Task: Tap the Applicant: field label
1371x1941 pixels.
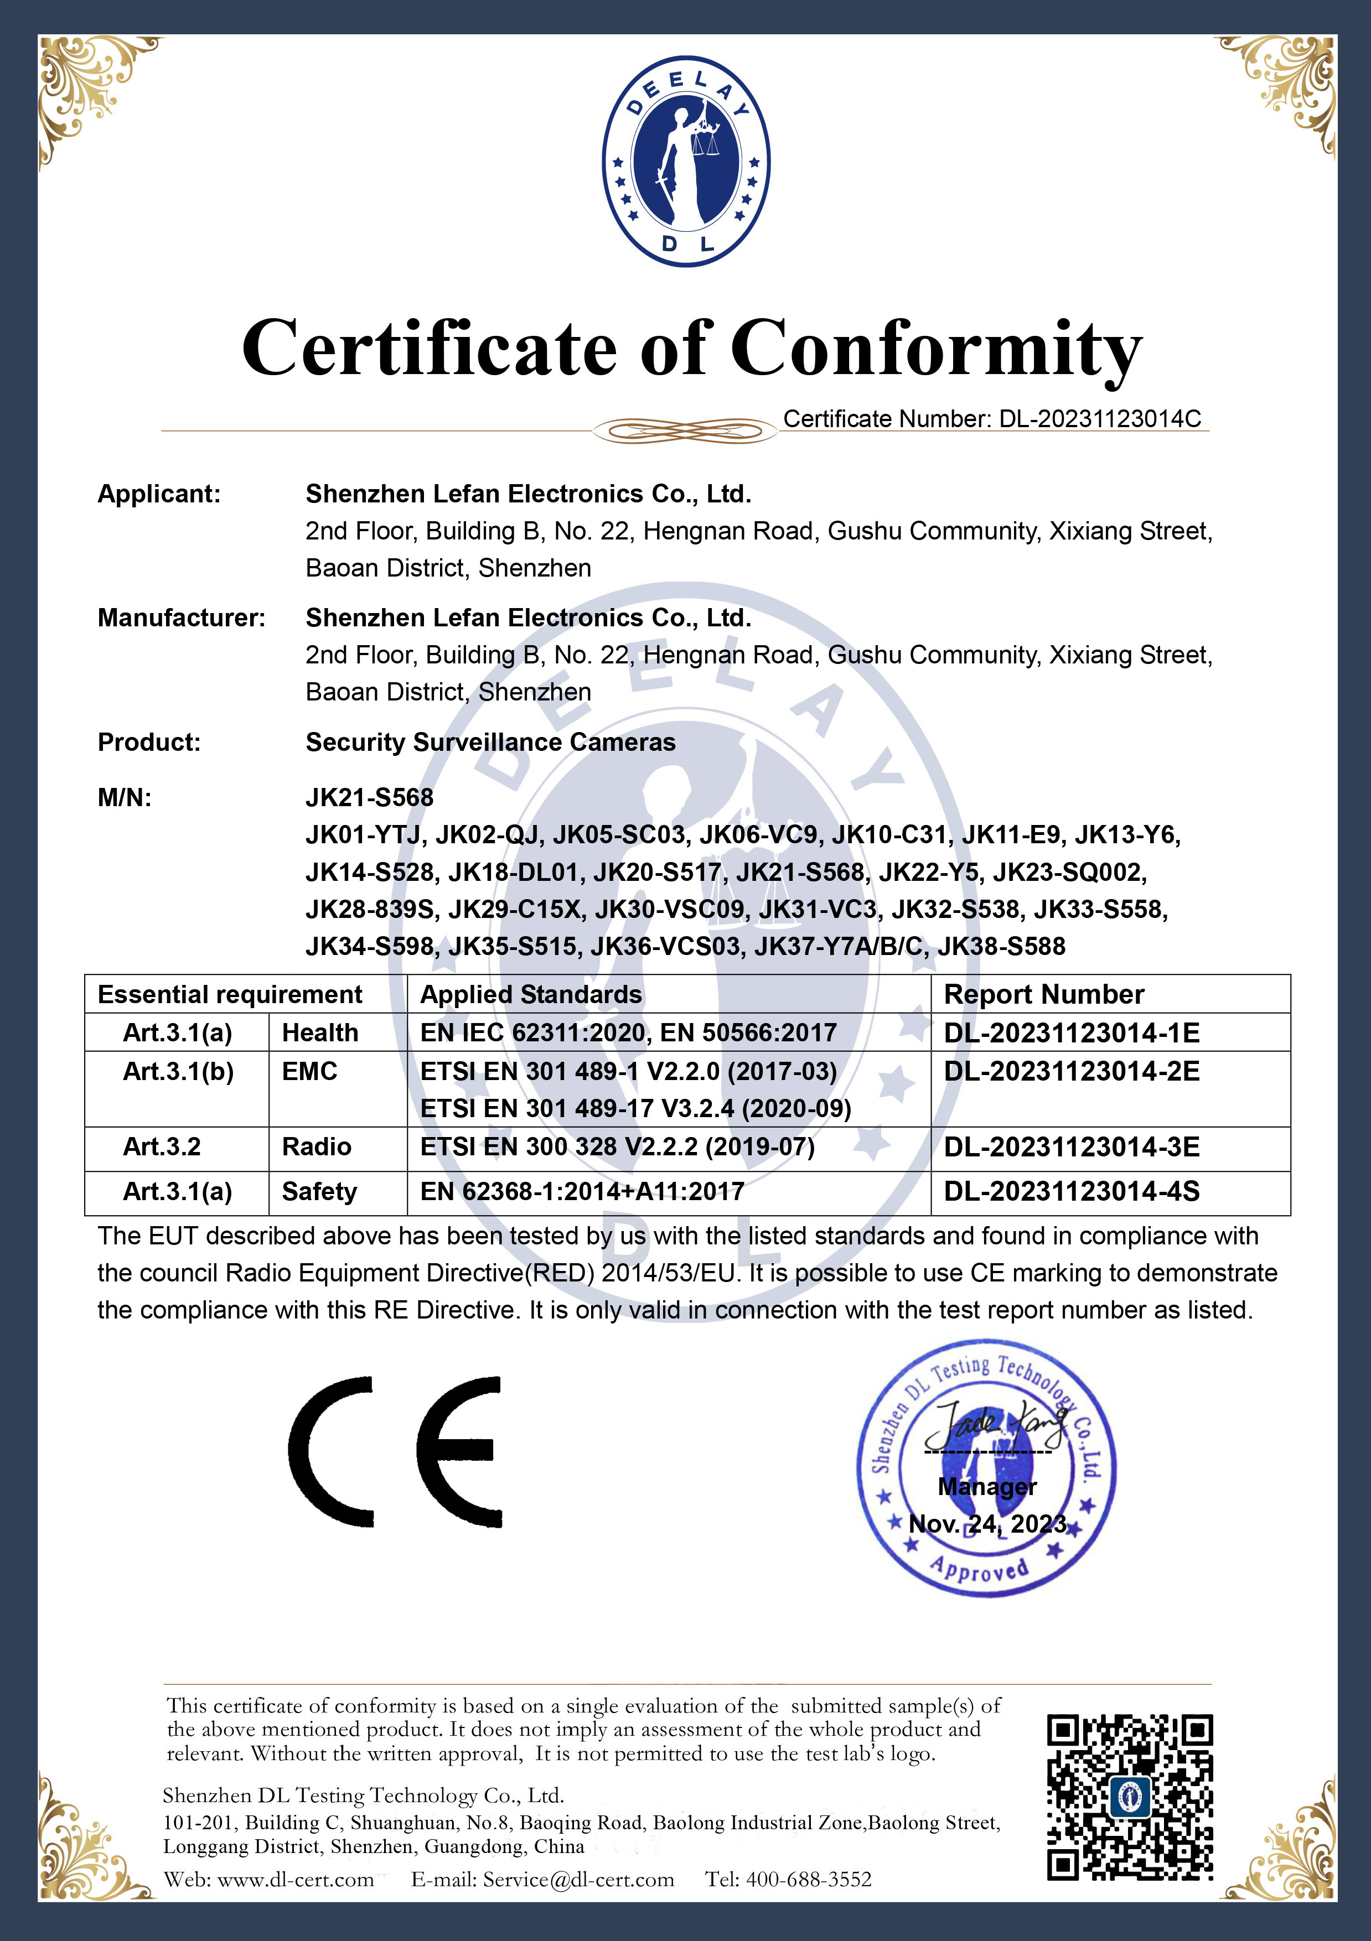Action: (x=159, y=494)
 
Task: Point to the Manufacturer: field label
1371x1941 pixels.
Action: (x=181, y=618)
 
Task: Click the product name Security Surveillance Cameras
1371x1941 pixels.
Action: (x=490, y=742)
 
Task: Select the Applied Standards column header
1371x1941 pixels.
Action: (x=531, y=994)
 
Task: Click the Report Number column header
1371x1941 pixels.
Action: (x=1044, y=994)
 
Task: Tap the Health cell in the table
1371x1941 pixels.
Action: (x=320, y=1032)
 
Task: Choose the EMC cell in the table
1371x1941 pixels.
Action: (x=309, y=1071)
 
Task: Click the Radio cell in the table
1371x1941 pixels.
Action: (x=316, y=1146)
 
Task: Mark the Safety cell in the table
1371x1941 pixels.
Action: (x=319, y=1191)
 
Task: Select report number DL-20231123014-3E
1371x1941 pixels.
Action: (x=1072, y=1146)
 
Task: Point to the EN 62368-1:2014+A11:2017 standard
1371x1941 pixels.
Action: (x=582, y=1191)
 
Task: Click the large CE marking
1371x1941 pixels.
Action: (x=395, y=1451)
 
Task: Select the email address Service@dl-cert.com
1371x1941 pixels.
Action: (x=578, y=1879)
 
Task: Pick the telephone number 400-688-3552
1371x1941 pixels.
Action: (x=809, y=1879)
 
